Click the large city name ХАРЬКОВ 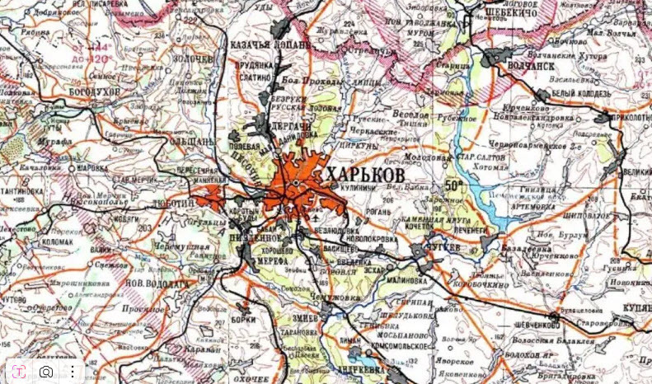tap(365, 176)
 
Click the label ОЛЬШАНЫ tap(190, 142)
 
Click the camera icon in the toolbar tap(46, 372)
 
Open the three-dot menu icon tap(73, 372)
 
